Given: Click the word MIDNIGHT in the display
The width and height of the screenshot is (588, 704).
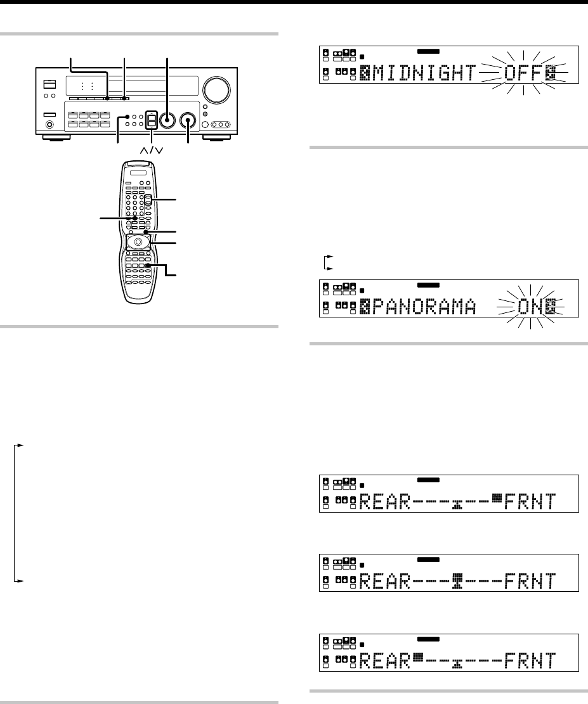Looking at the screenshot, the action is pyautogui.click(x=424, y=73).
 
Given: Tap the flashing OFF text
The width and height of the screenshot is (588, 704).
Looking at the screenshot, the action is pyautogui.click(x=523, y=73).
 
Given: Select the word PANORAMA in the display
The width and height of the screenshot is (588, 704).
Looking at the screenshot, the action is pyautogui.click(x=424, y=307).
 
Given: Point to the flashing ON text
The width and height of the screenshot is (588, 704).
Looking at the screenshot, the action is pyautogui.click(x=531, y=307).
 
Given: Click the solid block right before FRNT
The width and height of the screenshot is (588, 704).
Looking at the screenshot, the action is pyautogui.click(x=496, y=497).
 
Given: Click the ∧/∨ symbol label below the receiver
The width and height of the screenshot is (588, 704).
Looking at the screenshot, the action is pyautogui.click(x=152, y=150).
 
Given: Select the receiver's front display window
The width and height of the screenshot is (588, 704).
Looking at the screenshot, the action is pyautogui.click(x=132, y=86).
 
